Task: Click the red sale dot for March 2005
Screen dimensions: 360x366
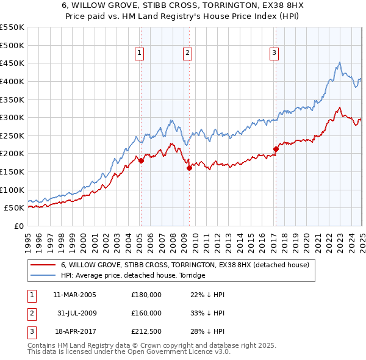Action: click(x=141, y=161)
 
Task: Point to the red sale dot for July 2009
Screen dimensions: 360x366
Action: click(x=189, y=168)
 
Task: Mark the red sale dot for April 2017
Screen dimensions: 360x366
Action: click(x=276, y=148)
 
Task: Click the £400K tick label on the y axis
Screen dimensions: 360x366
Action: click(x=12, y=81)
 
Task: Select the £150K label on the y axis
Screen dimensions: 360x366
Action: click(x=12, y=171)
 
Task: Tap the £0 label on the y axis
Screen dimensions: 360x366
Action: click(x=18, y=226)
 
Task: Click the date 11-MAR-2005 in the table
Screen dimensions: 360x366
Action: click(x=74, y=295)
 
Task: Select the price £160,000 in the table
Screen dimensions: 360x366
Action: click(x=146, y=312)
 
